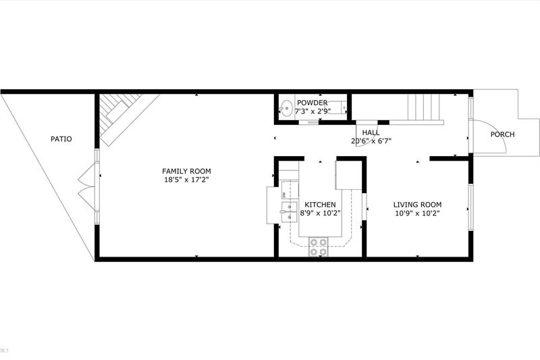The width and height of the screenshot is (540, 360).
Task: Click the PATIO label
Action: (x=61, y=139)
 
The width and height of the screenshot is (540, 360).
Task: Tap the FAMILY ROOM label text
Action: (x=186, y=171)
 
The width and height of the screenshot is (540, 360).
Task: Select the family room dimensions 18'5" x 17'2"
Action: (x=186, y=180)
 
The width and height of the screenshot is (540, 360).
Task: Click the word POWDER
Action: (x=312, y=103)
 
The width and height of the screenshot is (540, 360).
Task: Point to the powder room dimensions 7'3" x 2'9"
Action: (x=312, y=111)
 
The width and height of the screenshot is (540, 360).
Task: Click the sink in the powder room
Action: (x=286, y=107)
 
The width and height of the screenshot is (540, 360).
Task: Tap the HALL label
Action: (x=371, y=132)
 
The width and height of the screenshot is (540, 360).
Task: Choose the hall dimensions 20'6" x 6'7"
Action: (x=371, y=141)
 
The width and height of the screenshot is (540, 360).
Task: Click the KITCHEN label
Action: (x=320, y=205)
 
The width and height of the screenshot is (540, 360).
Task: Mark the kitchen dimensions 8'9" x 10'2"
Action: (x=320, y=213)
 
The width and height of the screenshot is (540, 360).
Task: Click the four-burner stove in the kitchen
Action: (x=319, y=247)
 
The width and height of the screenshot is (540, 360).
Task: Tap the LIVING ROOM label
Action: (x=417, y=205)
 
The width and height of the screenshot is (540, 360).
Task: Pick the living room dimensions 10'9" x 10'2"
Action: (x=417, y=213)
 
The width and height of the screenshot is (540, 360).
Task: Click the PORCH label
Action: (x=502, y=134)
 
